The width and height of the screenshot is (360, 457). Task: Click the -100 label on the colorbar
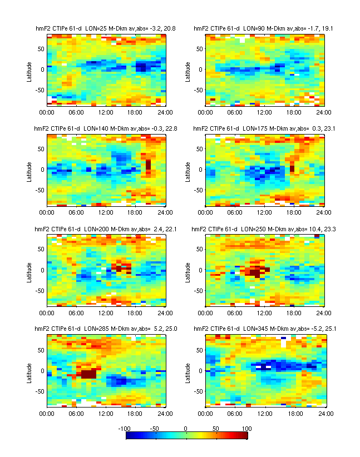[x=125, y=429]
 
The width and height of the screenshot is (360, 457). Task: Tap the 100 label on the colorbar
[x=247, y=429]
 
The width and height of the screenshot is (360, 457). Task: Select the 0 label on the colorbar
[x=186, y=429]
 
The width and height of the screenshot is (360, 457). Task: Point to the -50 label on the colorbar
[x=155, y=429]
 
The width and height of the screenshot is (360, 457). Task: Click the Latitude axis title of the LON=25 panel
[x=29, y=71]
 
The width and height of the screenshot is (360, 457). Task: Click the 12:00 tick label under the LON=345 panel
[x=265, y=413]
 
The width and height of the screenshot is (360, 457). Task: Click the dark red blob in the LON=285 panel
[x=88, y=374]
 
